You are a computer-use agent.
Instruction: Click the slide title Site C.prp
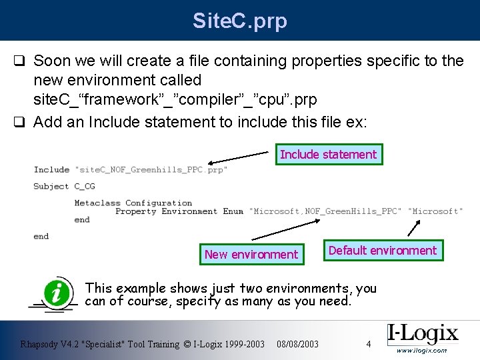[240, 21]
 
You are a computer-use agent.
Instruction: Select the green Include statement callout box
[329, 155]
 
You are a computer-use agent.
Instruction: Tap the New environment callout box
[251, 254]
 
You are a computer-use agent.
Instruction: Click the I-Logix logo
[422, 333]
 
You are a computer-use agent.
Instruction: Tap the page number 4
[368, 344]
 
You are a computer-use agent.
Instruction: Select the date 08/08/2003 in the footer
[297, 344]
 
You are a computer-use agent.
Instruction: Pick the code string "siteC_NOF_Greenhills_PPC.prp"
[151, 170]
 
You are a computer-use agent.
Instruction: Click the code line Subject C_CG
[64, 187]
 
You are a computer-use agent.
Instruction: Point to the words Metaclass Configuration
[133, 203]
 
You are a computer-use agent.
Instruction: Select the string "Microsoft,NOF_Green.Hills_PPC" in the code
[325, 211]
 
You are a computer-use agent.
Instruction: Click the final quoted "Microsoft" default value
[435, 211]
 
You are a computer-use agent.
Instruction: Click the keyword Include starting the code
[51, 170]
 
